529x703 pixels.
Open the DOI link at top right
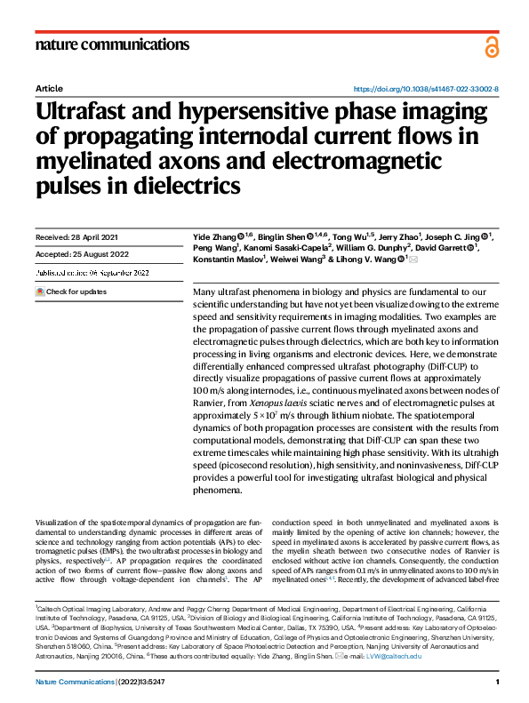click(x=426, y=90)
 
